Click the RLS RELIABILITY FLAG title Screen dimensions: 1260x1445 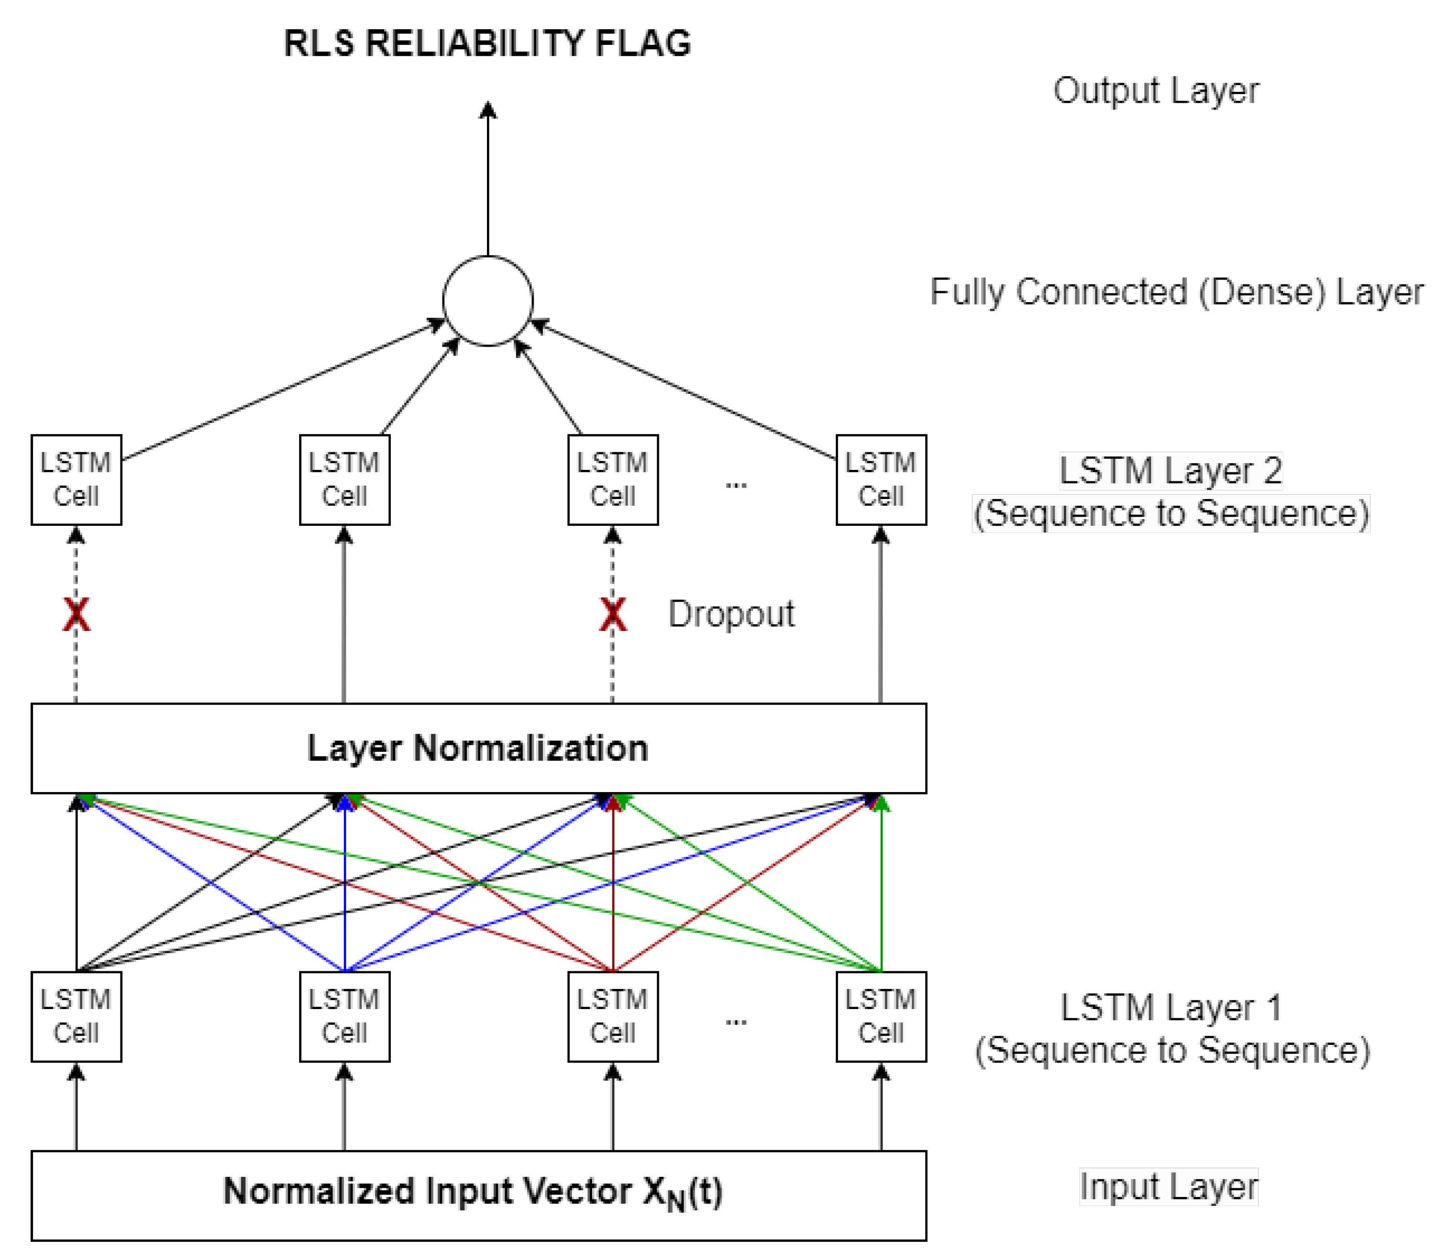click(x=487, y=43)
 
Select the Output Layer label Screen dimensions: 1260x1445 click(x=1155, y=91)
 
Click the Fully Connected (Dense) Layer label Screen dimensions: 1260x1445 click(x=1176, y=292)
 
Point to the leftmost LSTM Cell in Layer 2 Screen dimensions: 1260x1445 click(x=76, y=479)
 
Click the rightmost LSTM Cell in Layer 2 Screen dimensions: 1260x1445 click(x=881, y=479)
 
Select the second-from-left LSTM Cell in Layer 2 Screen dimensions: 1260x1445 click(x=345, y=479)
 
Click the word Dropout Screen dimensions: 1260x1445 click(x=731, y=614)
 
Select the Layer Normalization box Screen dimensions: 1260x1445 click(x=478, y=748)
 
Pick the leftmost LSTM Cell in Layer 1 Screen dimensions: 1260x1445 click(x=76, y=1016)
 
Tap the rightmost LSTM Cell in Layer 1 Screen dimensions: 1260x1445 click(x=881, y=1016)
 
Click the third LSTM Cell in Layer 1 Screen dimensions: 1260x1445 click(x=612, y=1016)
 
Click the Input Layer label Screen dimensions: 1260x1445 click(x=1168, y=1187)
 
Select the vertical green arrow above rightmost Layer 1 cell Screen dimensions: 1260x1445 click(x=881, y=886)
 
